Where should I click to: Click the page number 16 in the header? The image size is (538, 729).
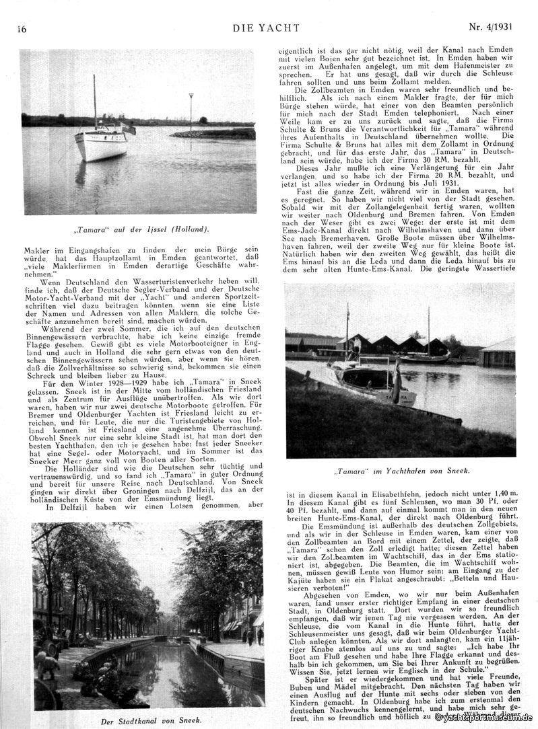click(x=22, y=29)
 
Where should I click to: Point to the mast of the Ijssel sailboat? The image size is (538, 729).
click(x=94, y=101)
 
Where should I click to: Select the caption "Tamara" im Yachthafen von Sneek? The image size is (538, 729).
click(x=401, y=470)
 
